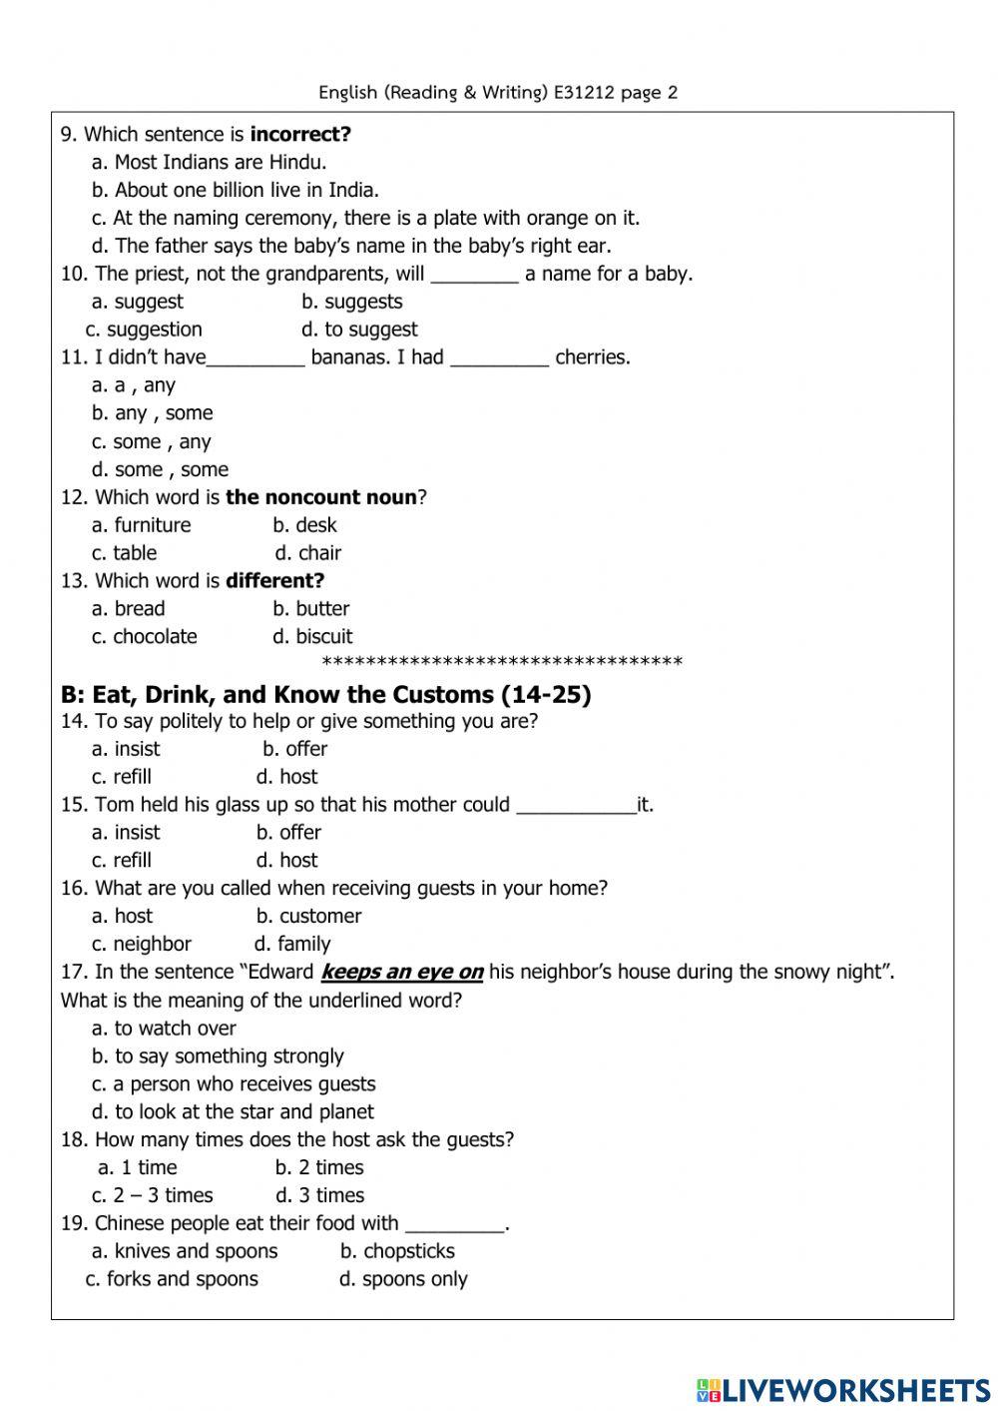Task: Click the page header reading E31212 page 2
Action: coord(498,93)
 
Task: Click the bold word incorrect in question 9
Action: coord(300,135)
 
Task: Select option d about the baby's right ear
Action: coord(351,246)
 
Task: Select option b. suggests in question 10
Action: coord(352,302)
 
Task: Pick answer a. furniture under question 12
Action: coord(141,525)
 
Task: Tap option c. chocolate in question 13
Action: coord(145,637)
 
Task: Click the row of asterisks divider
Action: coord(503,662)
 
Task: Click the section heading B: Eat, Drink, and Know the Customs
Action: coord(325,695)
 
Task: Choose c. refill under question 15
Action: coord(122,861)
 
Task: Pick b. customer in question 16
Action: coord(308,917)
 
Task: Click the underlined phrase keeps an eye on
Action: coord(401,973)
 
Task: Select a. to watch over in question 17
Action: coord(164,1029)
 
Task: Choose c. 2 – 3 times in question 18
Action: coord(153,1196)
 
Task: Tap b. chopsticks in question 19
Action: coord(397,1252)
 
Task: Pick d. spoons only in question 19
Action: coord(403,1280)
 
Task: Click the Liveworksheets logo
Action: coord(843,1389)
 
